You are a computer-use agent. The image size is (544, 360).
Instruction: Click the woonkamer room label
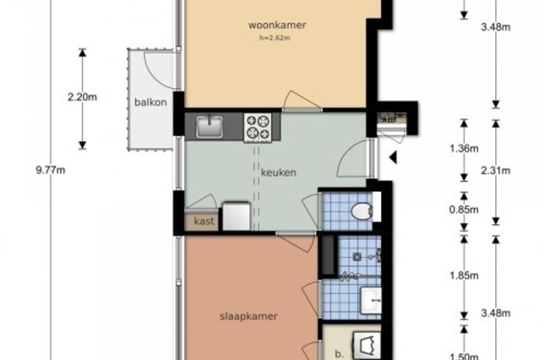coord(277,25)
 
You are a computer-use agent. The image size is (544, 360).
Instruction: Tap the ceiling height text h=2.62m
coord(275,38)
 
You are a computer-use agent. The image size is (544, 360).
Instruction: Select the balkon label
coord(151,102)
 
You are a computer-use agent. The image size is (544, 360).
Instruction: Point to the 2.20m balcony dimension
coord(82,97)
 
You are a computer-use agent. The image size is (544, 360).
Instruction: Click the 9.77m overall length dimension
coord(51,170)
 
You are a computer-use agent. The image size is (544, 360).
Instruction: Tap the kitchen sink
coord(209,126)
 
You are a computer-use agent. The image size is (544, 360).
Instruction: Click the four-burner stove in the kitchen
coord(258,128)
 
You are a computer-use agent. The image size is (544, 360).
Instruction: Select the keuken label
coord(279,173)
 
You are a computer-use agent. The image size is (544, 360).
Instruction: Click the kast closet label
coord(204,221)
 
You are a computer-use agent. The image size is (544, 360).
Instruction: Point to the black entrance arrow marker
coord(393,157)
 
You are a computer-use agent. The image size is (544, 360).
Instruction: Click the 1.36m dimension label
coord(464,149)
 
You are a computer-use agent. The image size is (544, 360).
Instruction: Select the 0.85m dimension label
coord(464,210)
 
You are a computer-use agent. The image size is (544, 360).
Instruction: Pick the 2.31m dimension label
coord(496,170)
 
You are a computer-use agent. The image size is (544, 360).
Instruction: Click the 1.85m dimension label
coord(464,276)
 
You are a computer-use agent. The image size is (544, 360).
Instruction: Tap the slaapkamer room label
coord(249,317)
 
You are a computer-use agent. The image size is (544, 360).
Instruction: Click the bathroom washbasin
coord(371,301)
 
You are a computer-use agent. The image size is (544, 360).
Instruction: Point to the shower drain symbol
coord(357,257)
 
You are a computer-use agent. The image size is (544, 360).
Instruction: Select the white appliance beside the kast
coord(236,216)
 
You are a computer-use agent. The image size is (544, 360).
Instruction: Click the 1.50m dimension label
coord(464,356)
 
